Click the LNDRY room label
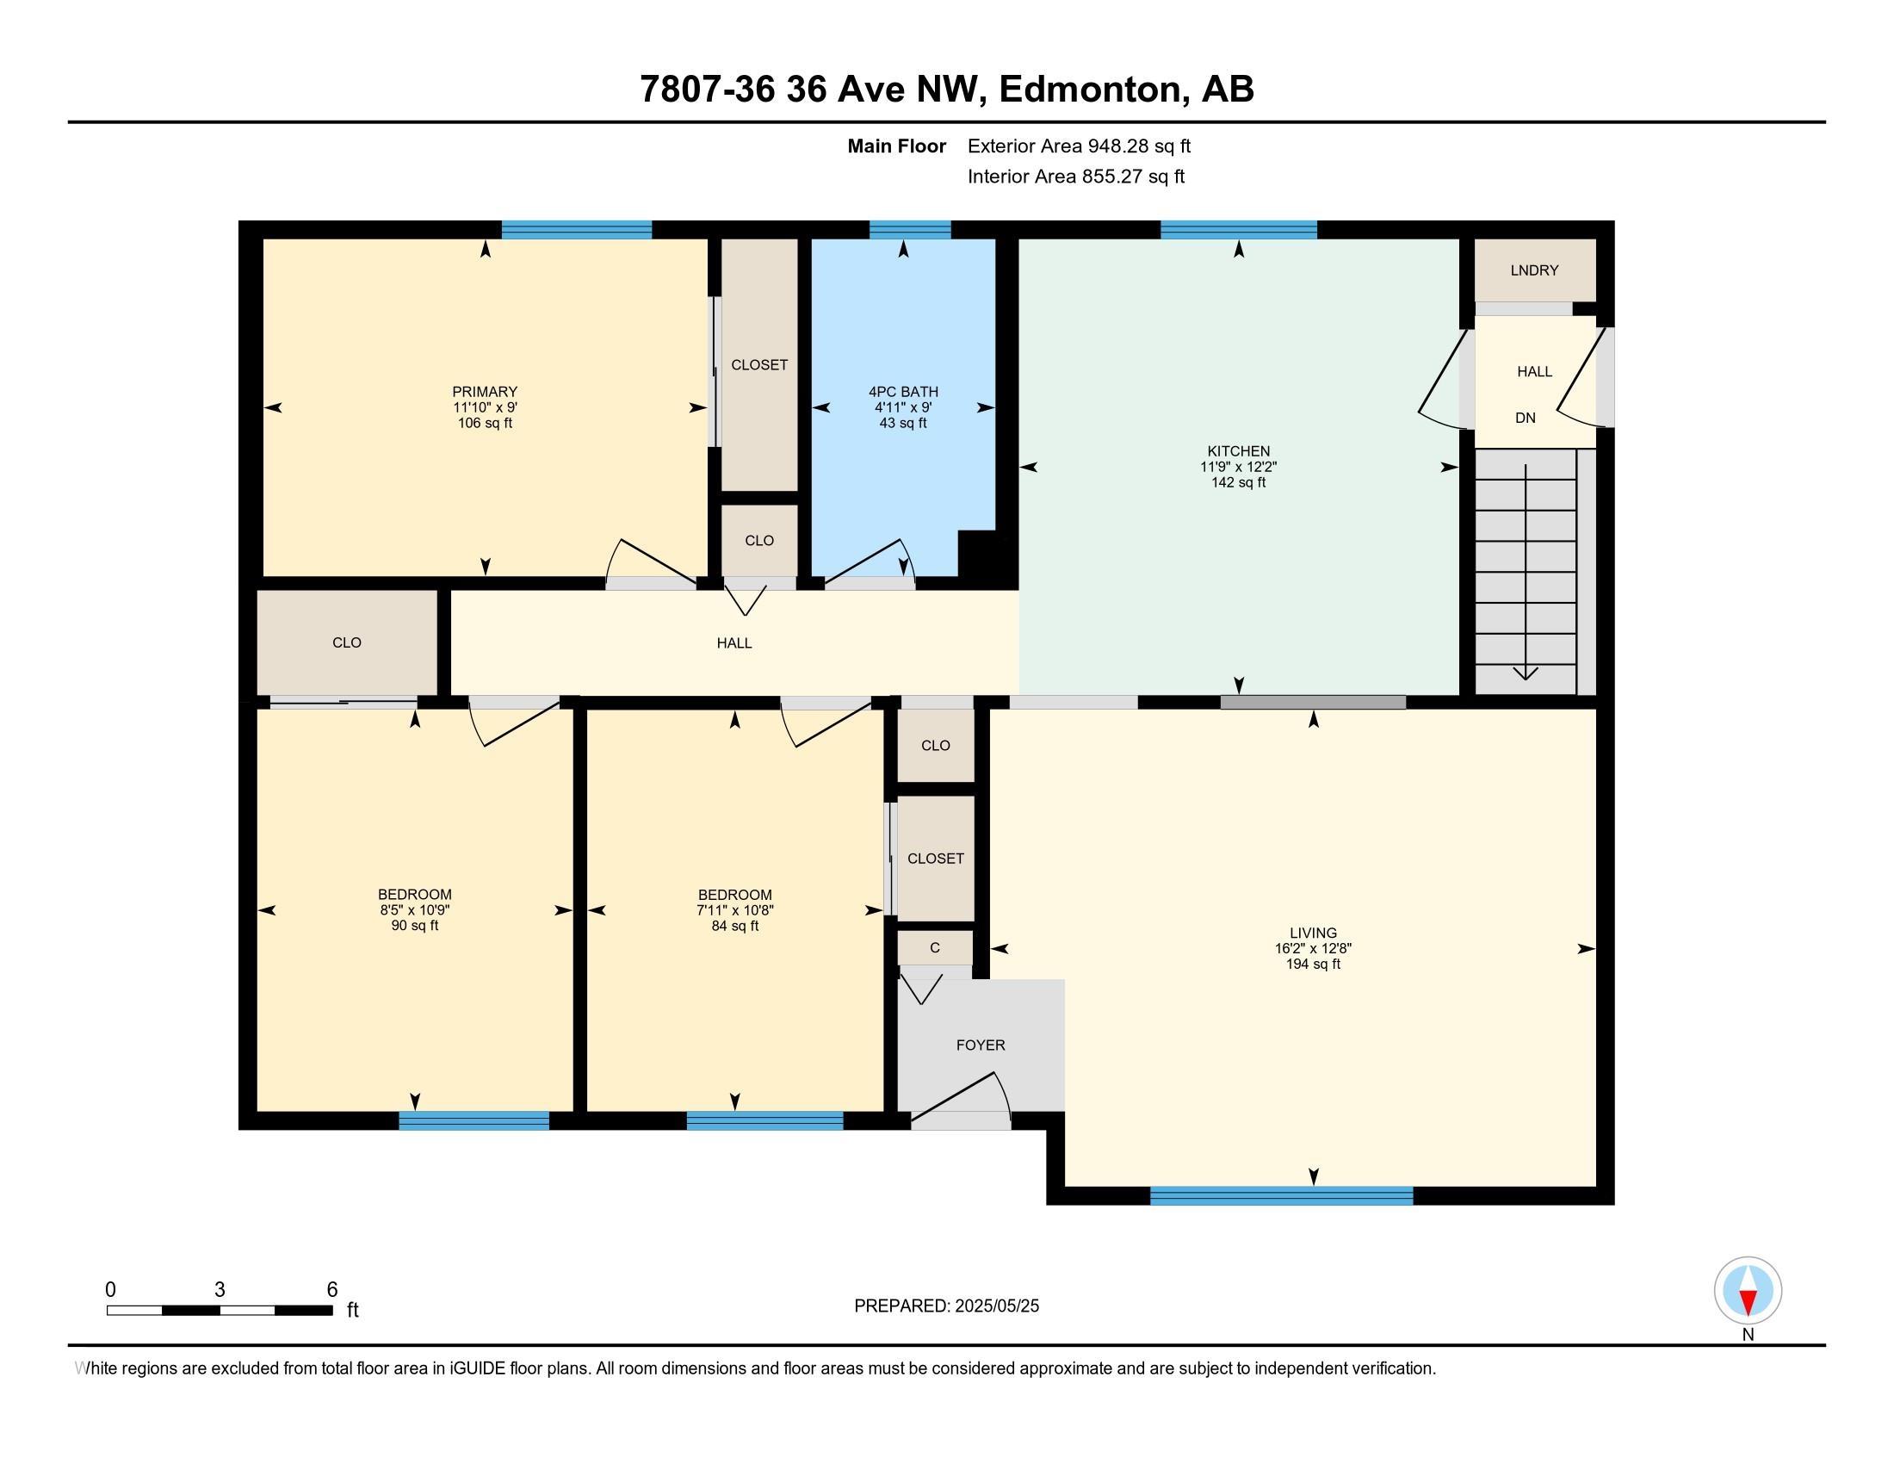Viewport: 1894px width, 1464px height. click(1534, 270)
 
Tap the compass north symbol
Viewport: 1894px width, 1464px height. click(1748, 1291)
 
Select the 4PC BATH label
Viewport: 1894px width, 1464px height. click(903, 392)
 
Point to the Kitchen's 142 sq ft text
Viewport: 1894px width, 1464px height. click(1238, 482)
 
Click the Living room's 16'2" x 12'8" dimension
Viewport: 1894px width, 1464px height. click(1313, 949)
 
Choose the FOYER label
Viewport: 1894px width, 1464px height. click(981, 1046)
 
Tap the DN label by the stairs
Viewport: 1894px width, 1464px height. click(1526, 418)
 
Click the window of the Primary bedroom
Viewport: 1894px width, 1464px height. click(577, 230)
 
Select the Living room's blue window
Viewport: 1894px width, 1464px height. click(1282, 1196)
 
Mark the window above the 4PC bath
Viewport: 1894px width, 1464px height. click(910, 230)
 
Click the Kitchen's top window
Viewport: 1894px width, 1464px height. click(1238, 230)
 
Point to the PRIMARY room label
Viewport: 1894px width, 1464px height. click(485, 392)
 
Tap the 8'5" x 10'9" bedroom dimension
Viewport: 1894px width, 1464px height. click(415, 910)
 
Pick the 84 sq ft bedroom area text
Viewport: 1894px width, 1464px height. click(734, 927)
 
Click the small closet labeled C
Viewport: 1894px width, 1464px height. click(935, 948)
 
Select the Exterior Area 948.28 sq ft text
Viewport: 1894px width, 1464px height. click(1079, 146)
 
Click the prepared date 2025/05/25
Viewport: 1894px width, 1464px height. click(995, 1306)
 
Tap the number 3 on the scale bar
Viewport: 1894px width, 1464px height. click(220, 1290)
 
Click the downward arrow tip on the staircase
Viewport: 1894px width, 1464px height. click(1526, 679)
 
